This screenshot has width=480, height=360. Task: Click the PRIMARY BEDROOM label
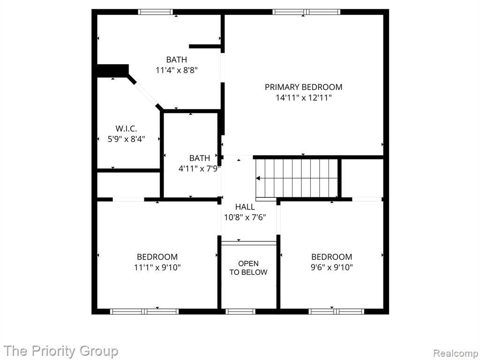pyautogui.click(x=303, y=87)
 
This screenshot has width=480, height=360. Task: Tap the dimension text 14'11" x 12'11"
pyautogui.click(x=304, y=98)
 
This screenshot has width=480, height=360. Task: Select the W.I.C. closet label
pyautogui.click(x=126, y=128)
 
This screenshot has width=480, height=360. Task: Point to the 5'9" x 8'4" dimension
pyautogui.click(x=126, y=139)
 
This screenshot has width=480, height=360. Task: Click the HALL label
pyautogui.click(x=245, y=207)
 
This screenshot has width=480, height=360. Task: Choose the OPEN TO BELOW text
pyautogui.click(x=248, y=268)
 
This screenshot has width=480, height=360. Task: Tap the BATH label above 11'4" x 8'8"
pyautogui.click(x=177, y=60)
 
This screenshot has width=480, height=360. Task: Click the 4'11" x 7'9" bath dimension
pyautogui.click(x=200, y=169)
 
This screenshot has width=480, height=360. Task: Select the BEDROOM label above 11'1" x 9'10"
pyautogui.click(x=157, y=257)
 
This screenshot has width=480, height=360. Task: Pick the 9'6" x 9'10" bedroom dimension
pyautogui.click(x=331, y=268)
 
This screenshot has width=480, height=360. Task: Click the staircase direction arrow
pyautogui.click(x=258, y=178)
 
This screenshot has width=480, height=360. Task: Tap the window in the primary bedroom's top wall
pyautogui.click(x=307, y=12)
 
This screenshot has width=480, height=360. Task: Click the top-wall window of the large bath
pyautogui.click(x=155, y=12)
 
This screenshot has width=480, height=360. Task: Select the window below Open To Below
pyautogui.click(x=240, y=312)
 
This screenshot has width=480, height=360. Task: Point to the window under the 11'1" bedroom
pyautogui.click(x=144, y=312)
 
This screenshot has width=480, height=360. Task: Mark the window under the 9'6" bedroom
pyautogui.click(x=337, y=312)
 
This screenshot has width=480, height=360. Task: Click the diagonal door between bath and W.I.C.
pyautogui.click(x=146, y=94)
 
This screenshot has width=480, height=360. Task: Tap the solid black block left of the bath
pyautogui.click(x=112, y=71)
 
